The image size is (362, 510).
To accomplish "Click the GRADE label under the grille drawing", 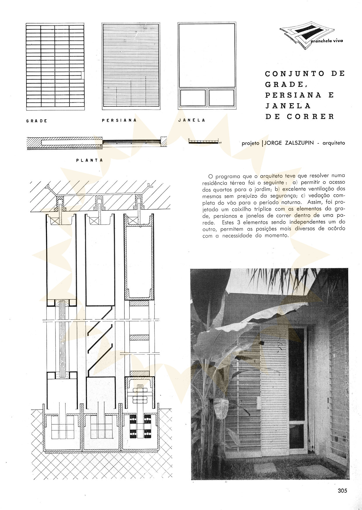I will pos(37,121).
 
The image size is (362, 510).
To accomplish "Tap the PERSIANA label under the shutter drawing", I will pos(119,120).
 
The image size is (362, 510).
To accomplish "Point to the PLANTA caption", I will pos(89,160).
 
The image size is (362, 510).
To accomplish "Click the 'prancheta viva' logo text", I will pos(327,41).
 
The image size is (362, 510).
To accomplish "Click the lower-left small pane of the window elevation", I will pos(193,98).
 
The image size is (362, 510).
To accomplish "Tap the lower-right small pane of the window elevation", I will pos(221,98).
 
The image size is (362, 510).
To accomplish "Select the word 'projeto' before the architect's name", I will pos(250,143).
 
